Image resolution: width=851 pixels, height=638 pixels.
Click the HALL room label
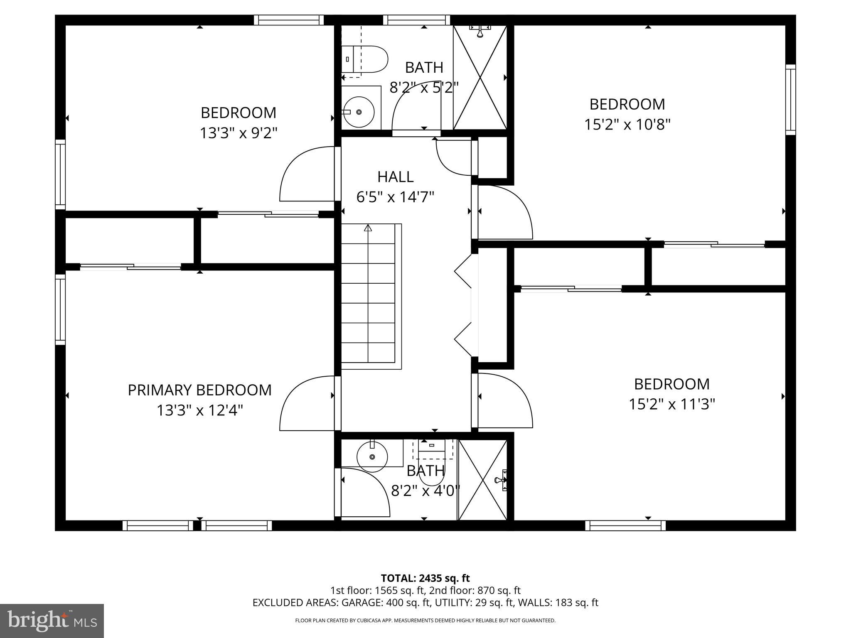[x=395, y=177]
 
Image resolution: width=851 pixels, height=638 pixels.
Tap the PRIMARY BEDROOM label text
[x=199, y=390]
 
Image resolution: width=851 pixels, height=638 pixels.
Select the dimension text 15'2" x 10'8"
[x=627, y=124]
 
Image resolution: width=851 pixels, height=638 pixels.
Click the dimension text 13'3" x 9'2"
[x=239, y=133]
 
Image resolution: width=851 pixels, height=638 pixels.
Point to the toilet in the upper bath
[x=364, y=59]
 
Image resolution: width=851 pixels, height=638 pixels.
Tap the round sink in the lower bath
[x=372, y=456]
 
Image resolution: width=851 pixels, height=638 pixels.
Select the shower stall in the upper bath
[x=480, y=77]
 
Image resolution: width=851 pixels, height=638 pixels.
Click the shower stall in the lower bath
[x=482, y=480]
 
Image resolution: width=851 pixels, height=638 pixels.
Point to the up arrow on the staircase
[x=368, y=228]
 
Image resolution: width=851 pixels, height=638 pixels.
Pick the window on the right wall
[x=790, y=100]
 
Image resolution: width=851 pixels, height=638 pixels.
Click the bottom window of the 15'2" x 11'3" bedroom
[x=625, y=525]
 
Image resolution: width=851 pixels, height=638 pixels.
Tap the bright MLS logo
[x=52, y=621]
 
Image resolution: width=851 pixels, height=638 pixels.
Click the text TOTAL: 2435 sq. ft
[x=425, y=578]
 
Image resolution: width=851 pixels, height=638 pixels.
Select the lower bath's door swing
[x=364, y=492]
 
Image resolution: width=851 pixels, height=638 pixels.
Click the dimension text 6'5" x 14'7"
[x=395, y=197]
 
